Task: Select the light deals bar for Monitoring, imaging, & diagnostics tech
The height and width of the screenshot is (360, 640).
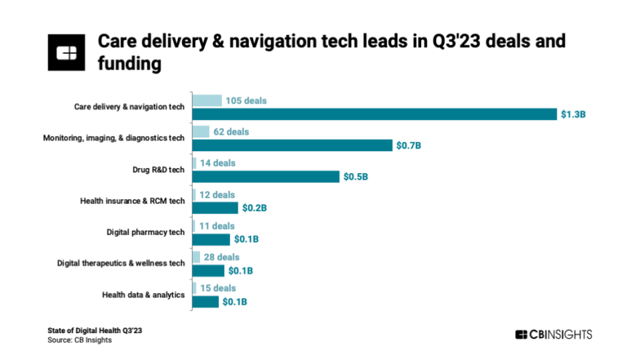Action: (x=200, y=132)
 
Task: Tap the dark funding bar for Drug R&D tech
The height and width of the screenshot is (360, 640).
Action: (x=265, y=177)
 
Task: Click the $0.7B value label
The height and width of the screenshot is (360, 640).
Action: (x=409, y=145)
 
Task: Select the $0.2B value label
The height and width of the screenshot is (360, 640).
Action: (x=254, y=208)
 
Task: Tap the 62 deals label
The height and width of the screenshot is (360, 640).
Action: (x=231, y=132)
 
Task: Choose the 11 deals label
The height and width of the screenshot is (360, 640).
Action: (x=216, y=225)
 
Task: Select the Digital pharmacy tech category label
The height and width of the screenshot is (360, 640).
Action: (x=145, y=232)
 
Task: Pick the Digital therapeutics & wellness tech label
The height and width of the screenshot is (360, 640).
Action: (x=121, y=263)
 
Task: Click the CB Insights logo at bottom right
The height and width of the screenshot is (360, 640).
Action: (x=553, y=335)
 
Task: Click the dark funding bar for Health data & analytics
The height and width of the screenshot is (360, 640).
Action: (x=205, y=302)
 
